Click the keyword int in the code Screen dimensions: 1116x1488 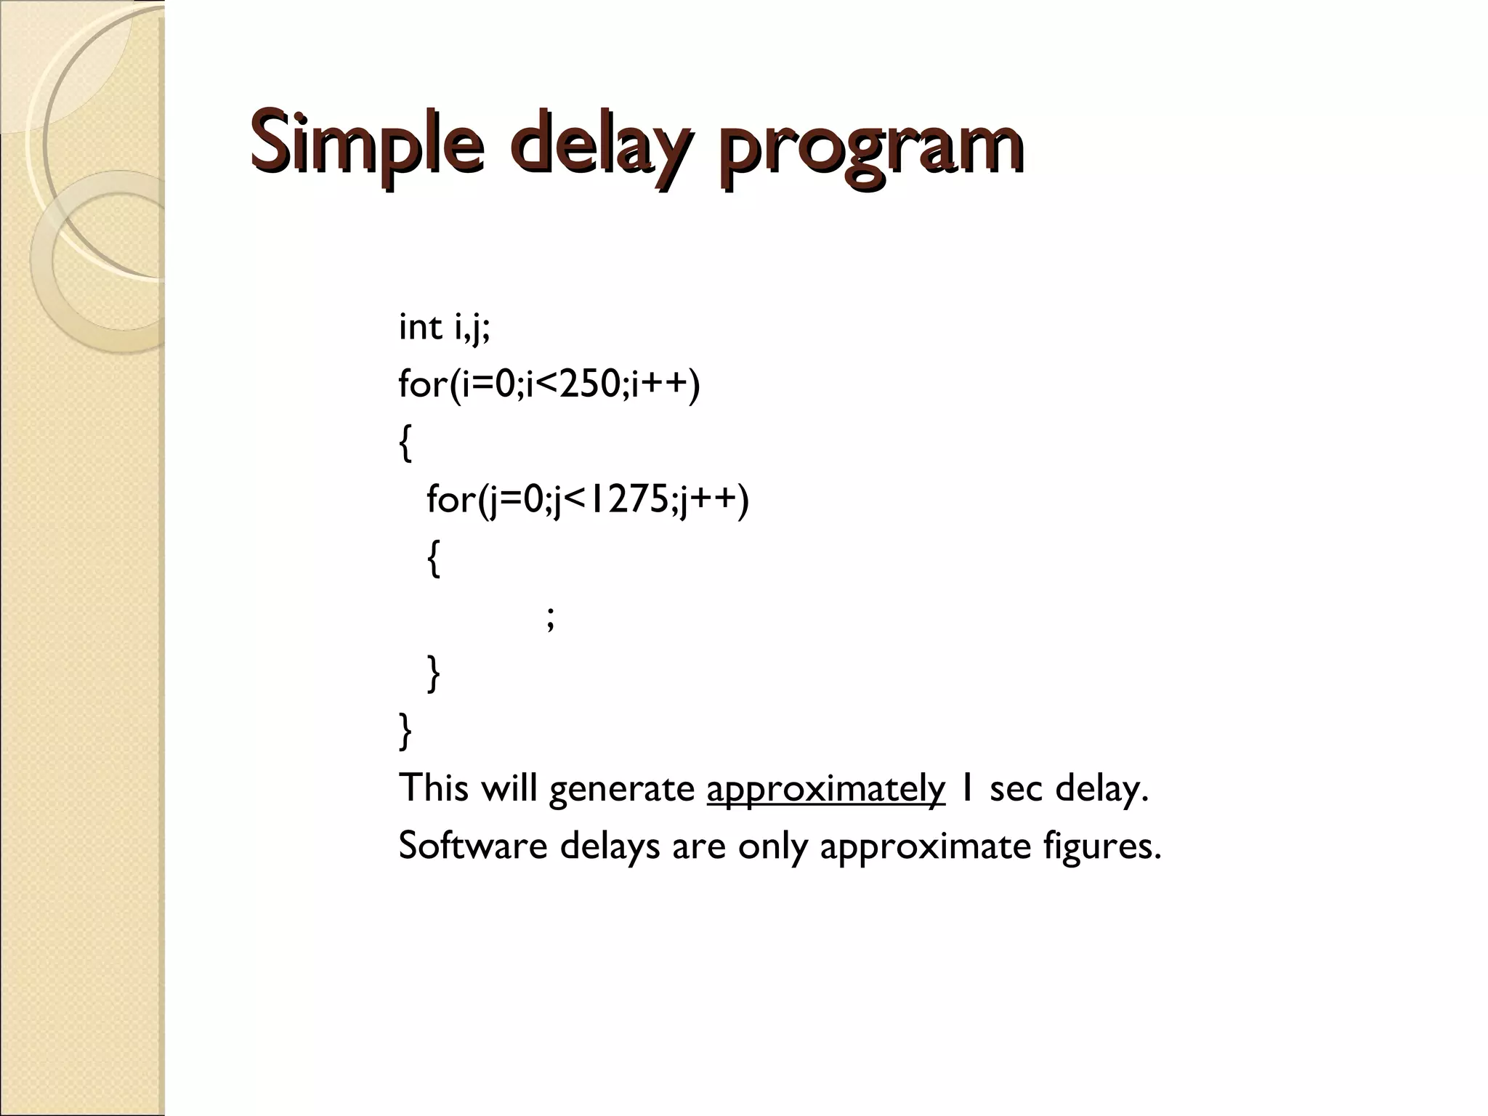tap(421, 327)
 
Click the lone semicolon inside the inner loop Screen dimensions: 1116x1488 tap(550, 618)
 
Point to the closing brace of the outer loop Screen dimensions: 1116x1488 tap(405, 730)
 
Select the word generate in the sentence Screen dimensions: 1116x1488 tap(622, 790)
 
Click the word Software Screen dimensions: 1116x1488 tap(473, 846)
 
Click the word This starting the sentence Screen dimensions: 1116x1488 tap(433, 788)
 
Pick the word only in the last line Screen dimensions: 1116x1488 tap(773, 847)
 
